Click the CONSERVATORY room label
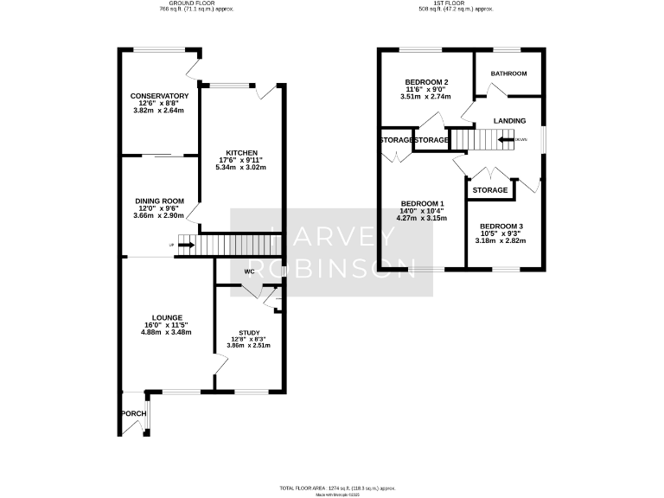(159, 96)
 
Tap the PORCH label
(134, 413)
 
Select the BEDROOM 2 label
(426, 82)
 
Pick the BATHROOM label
(508, 73)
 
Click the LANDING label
(509, 120)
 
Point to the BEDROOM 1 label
(422, 204)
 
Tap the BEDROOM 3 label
(501, 226)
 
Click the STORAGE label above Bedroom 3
(490, 190)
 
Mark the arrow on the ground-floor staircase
(182, 246)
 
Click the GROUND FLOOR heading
(184, 4)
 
